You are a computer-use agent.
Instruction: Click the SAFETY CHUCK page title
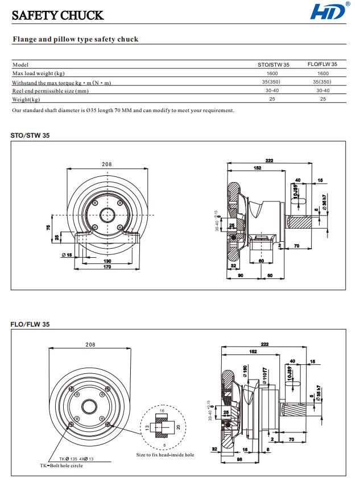click(x=57, y=15)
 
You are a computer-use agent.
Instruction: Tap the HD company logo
click(x=329, y=12)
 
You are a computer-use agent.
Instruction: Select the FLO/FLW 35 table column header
click(x=322, y=64)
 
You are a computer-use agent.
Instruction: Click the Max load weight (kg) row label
click(x=38, y=73)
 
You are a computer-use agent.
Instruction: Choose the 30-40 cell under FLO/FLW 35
click(x=322, y=90)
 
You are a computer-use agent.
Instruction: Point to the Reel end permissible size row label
click(x=50, y=90)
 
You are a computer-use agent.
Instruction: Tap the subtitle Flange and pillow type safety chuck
click(x=76, y=39)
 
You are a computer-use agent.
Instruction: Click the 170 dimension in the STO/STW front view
click(x=107, y=267)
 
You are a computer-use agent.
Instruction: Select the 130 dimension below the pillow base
click(x=107, y=261)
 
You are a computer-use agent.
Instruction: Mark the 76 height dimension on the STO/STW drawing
click(x=48, y=227)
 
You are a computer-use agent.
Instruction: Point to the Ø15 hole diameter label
click(x=67, y=255)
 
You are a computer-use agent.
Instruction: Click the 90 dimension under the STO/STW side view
click(x=241, y=275)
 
